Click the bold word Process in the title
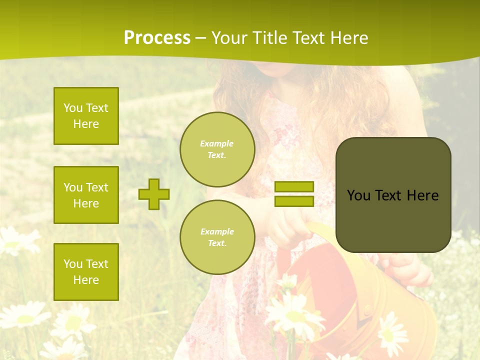pos(157,38)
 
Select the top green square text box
pos(86,116)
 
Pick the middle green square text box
pos(86,195)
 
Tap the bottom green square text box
pos(86,271)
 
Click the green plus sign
pos(154,194)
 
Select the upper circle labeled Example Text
pos(217,149)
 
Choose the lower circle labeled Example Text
pos(217,237)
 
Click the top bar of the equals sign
pos(294,187)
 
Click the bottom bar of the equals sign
pos(294,201)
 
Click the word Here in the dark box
pos(422,195)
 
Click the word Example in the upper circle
pos(217,143)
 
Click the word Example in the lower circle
pos(217,231)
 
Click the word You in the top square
pos(72,108)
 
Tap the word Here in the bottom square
pos(86,280)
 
